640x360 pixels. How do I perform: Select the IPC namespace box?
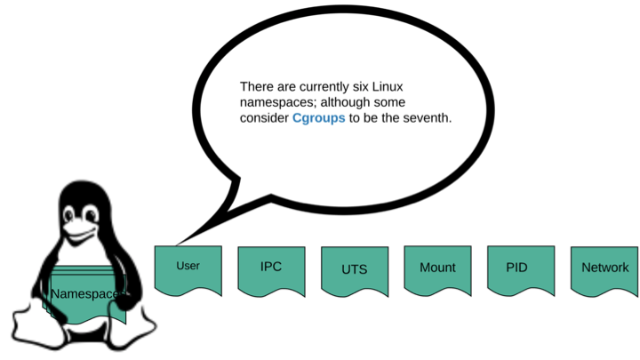pyautogui.click(x=271, y=268)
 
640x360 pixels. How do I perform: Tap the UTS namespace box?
pyautogui.click(x=354, y=269)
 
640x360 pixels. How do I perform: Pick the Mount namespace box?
pyautogui.click(x=436, y=268)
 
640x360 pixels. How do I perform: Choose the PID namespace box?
pyautogui.click(x=519, y=268)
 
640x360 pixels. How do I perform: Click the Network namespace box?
pyautogui.click(x=604, y=268)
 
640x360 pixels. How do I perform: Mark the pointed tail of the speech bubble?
pyautogui.click(x=179, y=242)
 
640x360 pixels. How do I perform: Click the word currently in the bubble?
pyautogui.click(x=319, y=87)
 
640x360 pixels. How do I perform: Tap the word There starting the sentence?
pyautogui.click(x=257, y=87)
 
